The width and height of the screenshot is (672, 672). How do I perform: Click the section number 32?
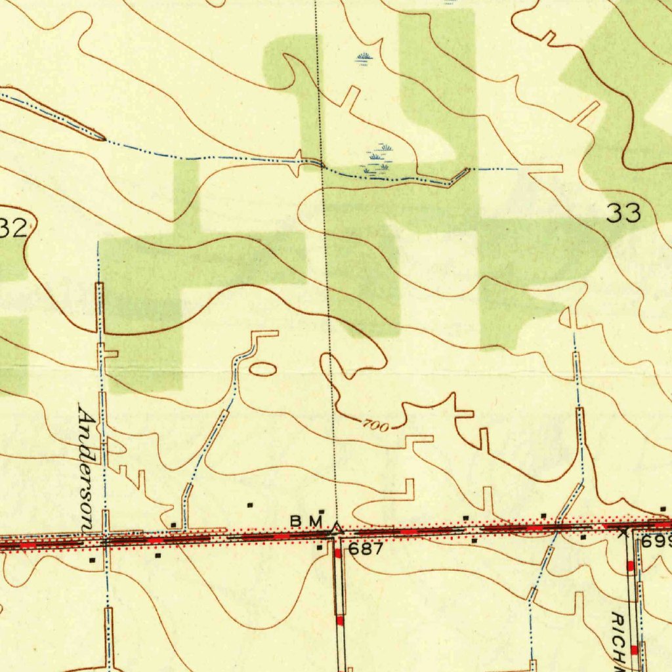(x=13, y=229)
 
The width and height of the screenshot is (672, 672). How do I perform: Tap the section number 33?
(x=623, y=213)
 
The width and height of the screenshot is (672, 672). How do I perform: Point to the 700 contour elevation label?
(x=375, y=426)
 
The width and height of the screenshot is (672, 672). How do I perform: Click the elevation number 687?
(x=366, y=549)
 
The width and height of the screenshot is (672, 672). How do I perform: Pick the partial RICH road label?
(x=618, y=640)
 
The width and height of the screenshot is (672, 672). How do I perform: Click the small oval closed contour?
(x=262, y=369)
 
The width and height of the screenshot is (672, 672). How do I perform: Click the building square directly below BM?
(x=320, y=547)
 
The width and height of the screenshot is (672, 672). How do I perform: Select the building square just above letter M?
(x=322, y=511)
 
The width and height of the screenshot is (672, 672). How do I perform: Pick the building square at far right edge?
(x=663, y=509)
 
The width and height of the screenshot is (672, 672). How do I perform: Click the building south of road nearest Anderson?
(x=92, y=560)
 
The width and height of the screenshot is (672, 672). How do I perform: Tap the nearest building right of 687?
(x=474, y=541)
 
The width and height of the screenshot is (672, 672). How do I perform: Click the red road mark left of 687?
(x=338, y=553)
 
